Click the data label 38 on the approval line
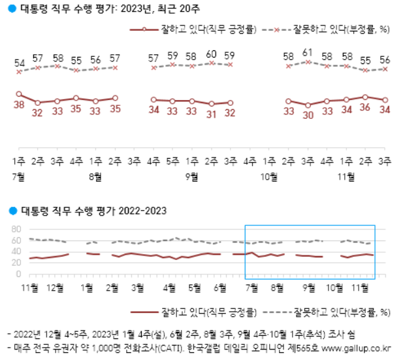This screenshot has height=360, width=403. click(18, 105)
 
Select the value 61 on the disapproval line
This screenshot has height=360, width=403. click(307, 53)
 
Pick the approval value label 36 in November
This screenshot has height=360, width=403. click(365, 108)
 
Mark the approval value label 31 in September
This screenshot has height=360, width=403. click(211, 114)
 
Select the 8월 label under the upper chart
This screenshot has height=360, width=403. click(95, 176)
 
